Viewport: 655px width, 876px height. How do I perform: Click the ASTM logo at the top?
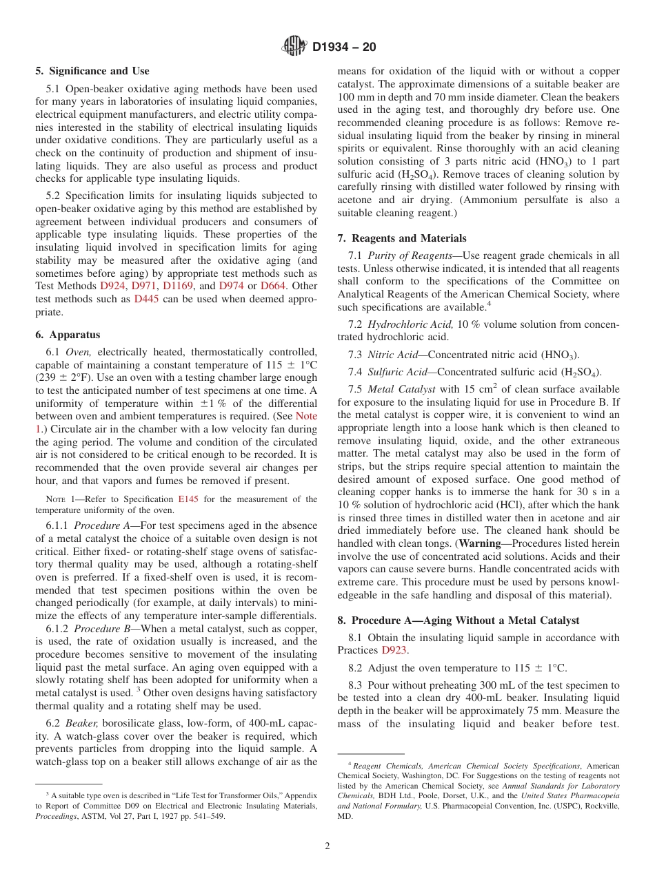click(x=295, y=47)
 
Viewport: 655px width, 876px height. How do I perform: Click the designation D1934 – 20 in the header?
click(x=344, y=48)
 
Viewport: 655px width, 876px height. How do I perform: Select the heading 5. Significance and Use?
click(x=92, y=71)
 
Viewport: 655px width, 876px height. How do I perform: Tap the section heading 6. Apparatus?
click(x=68, y=335)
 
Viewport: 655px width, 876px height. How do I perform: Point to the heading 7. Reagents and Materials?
click(x=401, y=238)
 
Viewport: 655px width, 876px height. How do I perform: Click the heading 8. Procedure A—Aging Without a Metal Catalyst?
click(x=458, y=620)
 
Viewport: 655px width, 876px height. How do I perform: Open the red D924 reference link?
click(x=113, y=285)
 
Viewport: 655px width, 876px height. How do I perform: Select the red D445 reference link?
click(x=146, y=299)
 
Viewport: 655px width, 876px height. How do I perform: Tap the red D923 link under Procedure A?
click(x=395, y=650)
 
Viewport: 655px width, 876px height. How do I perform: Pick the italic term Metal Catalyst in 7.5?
click(x=401, y=389)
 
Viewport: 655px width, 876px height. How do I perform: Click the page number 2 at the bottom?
click(x=327, y=846)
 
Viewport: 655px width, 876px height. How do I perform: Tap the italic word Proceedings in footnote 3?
click(x=57, y=816)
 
